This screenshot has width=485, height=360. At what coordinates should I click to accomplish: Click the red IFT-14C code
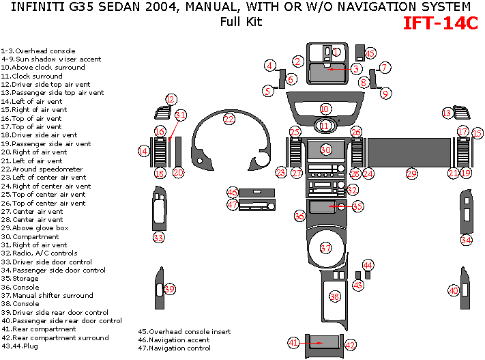click(440, 23)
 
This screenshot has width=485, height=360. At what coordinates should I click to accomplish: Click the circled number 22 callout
click(229, 119)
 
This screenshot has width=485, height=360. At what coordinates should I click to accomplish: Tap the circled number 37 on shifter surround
click(326, 247)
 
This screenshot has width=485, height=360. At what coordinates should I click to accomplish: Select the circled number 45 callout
click(370, 53)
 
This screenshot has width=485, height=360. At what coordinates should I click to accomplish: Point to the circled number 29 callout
click(411, 174)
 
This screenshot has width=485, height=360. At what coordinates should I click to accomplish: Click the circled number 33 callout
click(158, 238)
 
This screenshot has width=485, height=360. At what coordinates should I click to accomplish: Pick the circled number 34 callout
click(467, 240)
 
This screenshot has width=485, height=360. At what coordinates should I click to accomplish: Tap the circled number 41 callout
click(293, 342)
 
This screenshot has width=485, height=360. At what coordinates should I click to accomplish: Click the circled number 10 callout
click(325, 109)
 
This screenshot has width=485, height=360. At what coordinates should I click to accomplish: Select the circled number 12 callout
click(171, 100)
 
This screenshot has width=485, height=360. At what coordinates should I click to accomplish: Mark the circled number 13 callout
click(447, 113)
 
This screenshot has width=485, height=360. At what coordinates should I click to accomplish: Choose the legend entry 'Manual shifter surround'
click(47, 295)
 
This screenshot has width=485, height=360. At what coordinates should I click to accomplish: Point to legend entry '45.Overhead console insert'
click(184, 331)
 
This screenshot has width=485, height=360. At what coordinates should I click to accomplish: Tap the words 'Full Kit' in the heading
click(241, 22)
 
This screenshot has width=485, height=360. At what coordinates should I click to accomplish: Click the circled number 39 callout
click(170, 289)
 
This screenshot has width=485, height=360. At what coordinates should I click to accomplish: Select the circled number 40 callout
click(454, 290)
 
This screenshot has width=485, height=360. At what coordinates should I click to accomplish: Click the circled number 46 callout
click(233, 192)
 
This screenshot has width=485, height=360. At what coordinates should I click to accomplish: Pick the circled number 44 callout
click(368, 264)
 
